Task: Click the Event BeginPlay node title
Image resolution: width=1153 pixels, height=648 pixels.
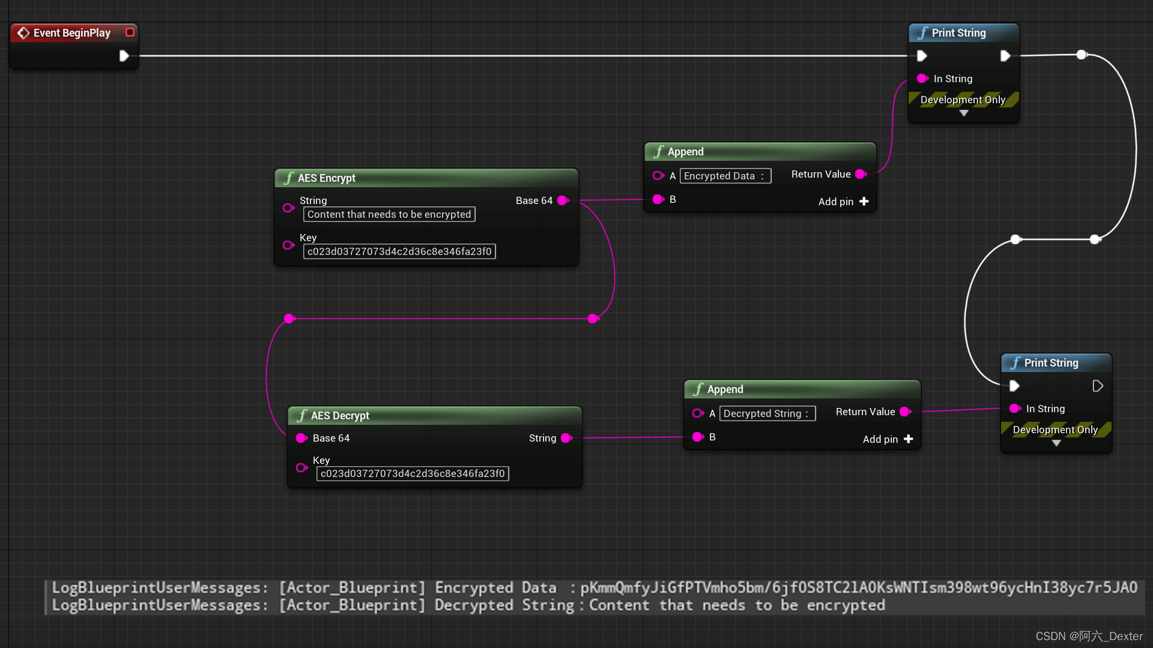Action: pyautogui.click(x=71, y=33)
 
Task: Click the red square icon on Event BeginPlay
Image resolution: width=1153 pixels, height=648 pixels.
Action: pyautogui.click(x=130, y=32)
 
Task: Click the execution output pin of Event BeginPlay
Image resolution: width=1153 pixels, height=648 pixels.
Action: pyautogui.click(x=124, y=56)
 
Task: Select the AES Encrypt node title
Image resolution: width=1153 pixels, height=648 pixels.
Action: pyautogui.click(x=326, y=178)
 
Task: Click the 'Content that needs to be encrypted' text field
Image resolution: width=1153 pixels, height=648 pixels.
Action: pyautogui.click(x=389, y=215)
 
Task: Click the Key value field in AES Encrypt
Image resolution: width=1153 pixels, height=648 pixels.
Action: pyautogui.click(x=399, y=252)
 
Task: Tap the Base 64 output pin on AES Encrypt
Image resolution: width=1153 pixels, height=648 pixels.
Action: pyautogui.click(x=563, y=200)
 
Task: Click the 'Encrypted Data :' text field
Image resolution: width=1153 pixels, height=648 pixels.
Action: pyautogui.click(x=725, y=176)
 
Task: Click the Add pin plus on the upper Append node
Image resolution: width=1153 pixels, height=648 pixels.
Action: pyautogui.click(x=864, y=202)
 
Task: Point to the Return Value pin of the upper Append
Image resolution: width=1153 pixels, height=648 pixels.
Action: pyautogui.click(x=861, y=174)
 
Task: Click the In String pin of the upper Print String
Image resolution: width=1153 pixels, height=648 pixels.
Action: pyautogui.click(x=922, y=79)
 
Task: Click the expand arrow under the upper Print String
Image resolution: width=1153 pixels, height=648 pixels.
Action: pyautogui.click(x=964, y=113)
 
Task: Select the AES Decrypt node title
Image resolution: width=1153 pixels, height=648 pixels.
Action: pyautogui.click(x=340, y=416)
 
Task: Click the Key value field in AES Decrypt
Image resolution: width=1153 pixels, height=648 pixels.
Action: pyautogui.click(x=413, y=474)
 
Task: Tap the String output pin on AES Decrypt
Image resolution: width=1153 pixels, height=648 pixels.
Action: pyautogui.click(x=566, y=439)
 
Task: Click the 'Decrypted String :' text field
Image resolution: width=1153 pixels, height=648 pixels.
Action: pyautogui.click(x=767, y=414)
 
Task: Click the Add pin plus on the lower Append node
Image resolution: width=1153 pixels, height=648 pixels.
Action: pyautogui.click(x=909, y=439)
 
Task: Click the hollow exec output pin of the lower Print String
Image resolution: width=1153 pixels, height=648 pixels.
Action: pyautogui.click(x=1098, y=386)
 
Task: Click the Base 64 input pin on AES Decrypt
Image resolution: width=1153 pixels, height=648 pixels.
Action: pyautogui.click(x=301, y=439)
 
